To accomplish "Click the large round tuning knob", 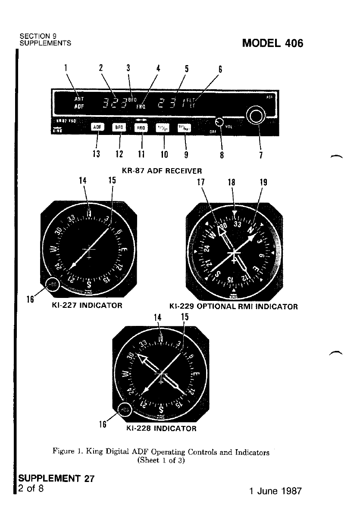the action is click(x=255, y=116).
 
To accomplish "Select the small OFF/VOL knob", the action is click(x=220, y=122).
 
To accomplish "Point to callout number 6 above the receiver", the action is click(x=220, y=69).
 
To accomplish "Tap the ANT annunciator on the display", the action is click(x=79, y=98).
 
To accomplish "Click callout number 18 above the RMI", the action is click(x=232, y=182).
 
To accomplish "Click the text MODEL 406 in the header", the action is click(x=273, y=44).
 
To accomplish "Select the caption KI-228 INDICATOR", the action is click(x=161, y=429).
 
